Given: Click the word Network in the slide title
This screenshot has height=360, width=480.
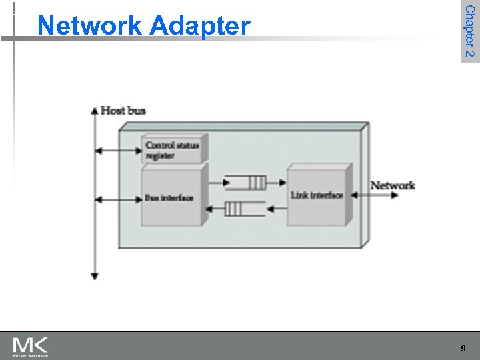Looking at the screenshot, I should point(90,26).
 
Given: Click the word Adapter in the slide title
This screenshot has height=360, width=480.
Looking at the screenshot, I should point(200,26).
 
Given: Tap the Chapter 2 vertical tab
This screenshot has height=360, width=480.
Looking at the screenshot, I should point(469,31).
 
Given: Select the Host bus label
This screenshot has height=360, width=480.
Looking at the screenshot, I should point(123,111).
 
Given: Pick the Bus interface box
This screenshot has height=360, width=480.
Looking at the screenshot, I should point(171,198).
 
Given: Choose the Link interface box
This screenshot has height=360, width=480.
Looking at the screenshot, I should point(317,195).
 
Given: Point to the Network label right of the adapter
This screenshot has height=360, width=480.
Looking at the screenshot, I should point(393,185).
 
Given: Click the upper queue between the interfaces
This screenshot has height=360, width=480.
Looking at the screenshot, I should point(245,183).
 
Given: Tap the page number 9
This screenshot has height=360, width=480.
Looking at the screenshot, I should point(463,349).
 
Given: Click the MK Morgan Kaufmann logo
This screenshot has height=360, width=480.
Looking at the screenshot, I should point(30,346).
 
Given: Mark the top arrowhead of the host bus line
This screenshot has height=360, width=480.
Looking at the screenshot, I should point(95,111).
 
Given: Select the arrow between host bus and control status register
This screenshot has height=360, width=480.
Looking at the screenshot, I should point(118,151).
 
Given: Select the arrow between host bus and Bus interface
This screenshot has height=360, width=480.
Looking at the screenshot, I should point(118,199).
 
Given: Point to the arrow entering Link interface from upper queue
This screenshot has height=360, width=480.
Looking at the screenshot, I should point(277,183).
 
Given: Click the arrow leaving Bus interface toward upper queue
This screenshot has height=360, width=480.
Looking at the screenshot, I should point(215,183).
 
